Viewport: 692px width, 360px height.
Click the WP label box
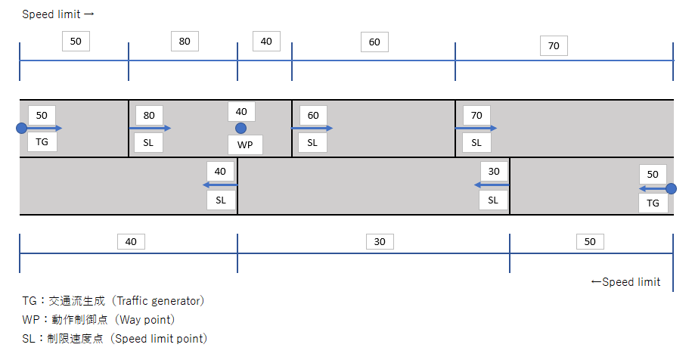[245, 144]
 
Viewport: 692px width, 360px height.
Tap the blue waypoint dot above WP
[241, 129]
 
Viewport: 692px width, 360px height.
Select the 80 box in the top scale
[185, 42]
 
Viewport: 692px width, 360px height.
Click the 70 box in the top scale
[554, 46]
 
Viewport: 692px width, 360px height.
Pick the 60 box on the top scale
[374, 42]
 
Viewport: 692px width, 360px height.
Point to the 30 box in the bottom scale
[380, 242]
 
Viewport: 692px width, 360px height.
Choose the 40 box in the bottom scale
[131, 242]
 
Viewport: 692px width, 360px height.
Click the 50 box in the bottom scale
[590, 242]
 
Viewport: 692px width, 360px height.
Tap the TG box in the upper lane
[42, 141]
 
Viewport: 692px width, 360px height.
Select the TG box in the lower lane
[653, 203]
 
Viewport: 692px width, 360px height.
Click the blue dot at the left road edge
[21, 129]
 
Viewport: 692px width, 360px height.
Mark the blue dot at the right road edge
[671, 188]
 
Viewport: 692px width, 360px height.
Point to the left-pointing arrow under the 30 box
[492, 185]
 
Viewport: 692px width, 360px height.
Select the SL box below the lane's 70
[476, 141]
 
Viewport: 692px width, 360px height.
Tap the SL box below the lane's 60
[313, 141]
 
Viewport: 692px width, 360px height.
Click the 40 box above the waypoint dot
[241, 111]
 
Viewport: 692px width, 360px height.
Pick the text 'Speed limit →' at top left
[57, 14]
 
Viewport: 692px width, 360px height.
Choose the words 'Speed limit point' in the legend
[160, 338]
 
